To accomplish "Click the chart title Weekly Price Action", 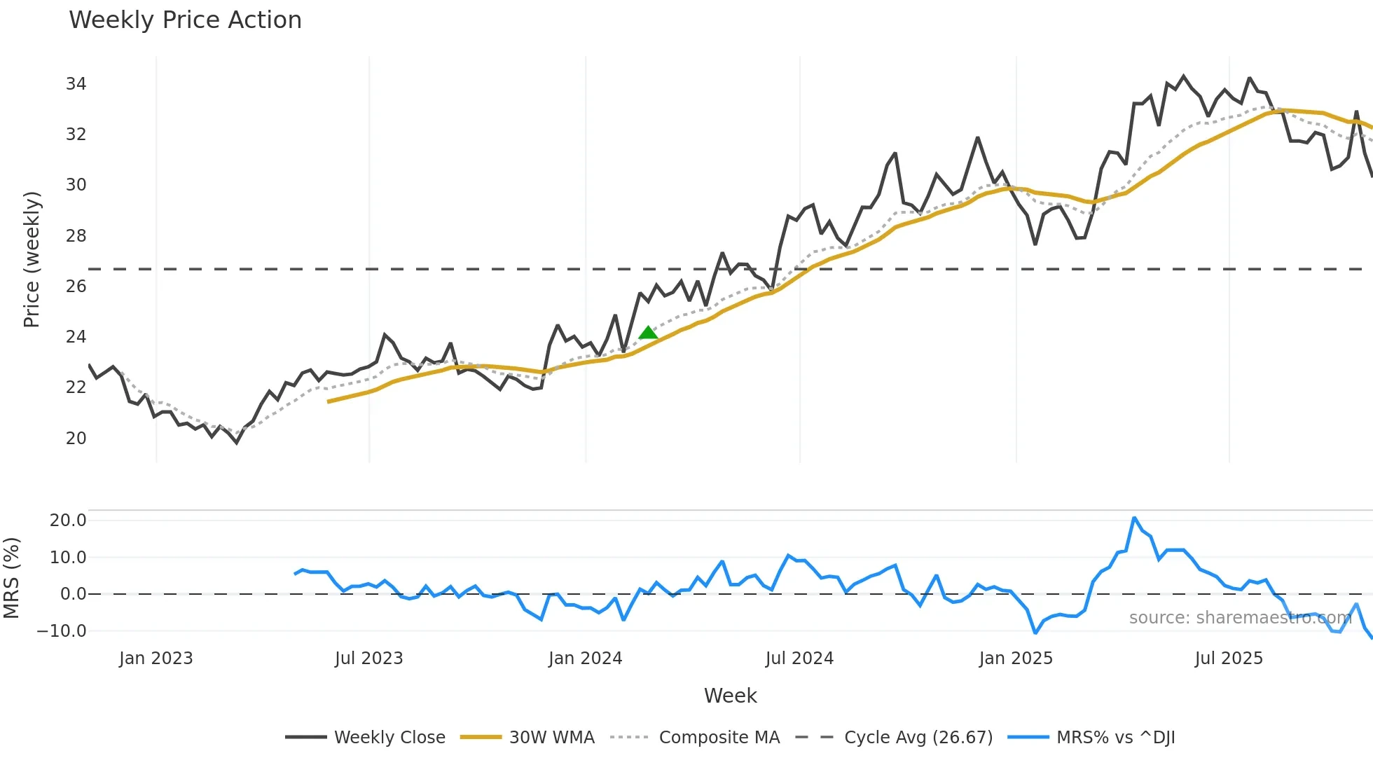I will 185,20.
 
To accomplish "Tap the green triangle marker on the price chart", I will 649,333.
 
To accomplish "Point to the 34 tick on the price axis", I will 76,84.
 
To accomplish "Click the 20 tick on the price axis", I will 76,439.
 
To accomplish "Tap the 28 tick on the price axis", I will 76,236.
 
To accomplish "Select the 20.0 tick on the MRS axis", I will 68,521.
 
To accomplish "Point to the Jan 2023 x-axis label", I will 156,659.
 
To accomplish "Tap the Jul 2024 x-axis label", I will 799,659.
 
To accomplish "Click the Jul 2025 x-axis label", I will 1229,659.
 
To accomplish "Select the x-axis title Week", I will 730,696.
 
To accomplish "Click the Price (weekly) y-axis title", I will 32,259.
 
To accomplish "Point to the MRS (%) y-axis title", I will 11,578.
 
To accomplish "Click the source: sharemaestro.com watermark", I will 1240,618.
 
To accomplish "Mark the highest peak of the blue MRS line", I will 1134,518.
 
